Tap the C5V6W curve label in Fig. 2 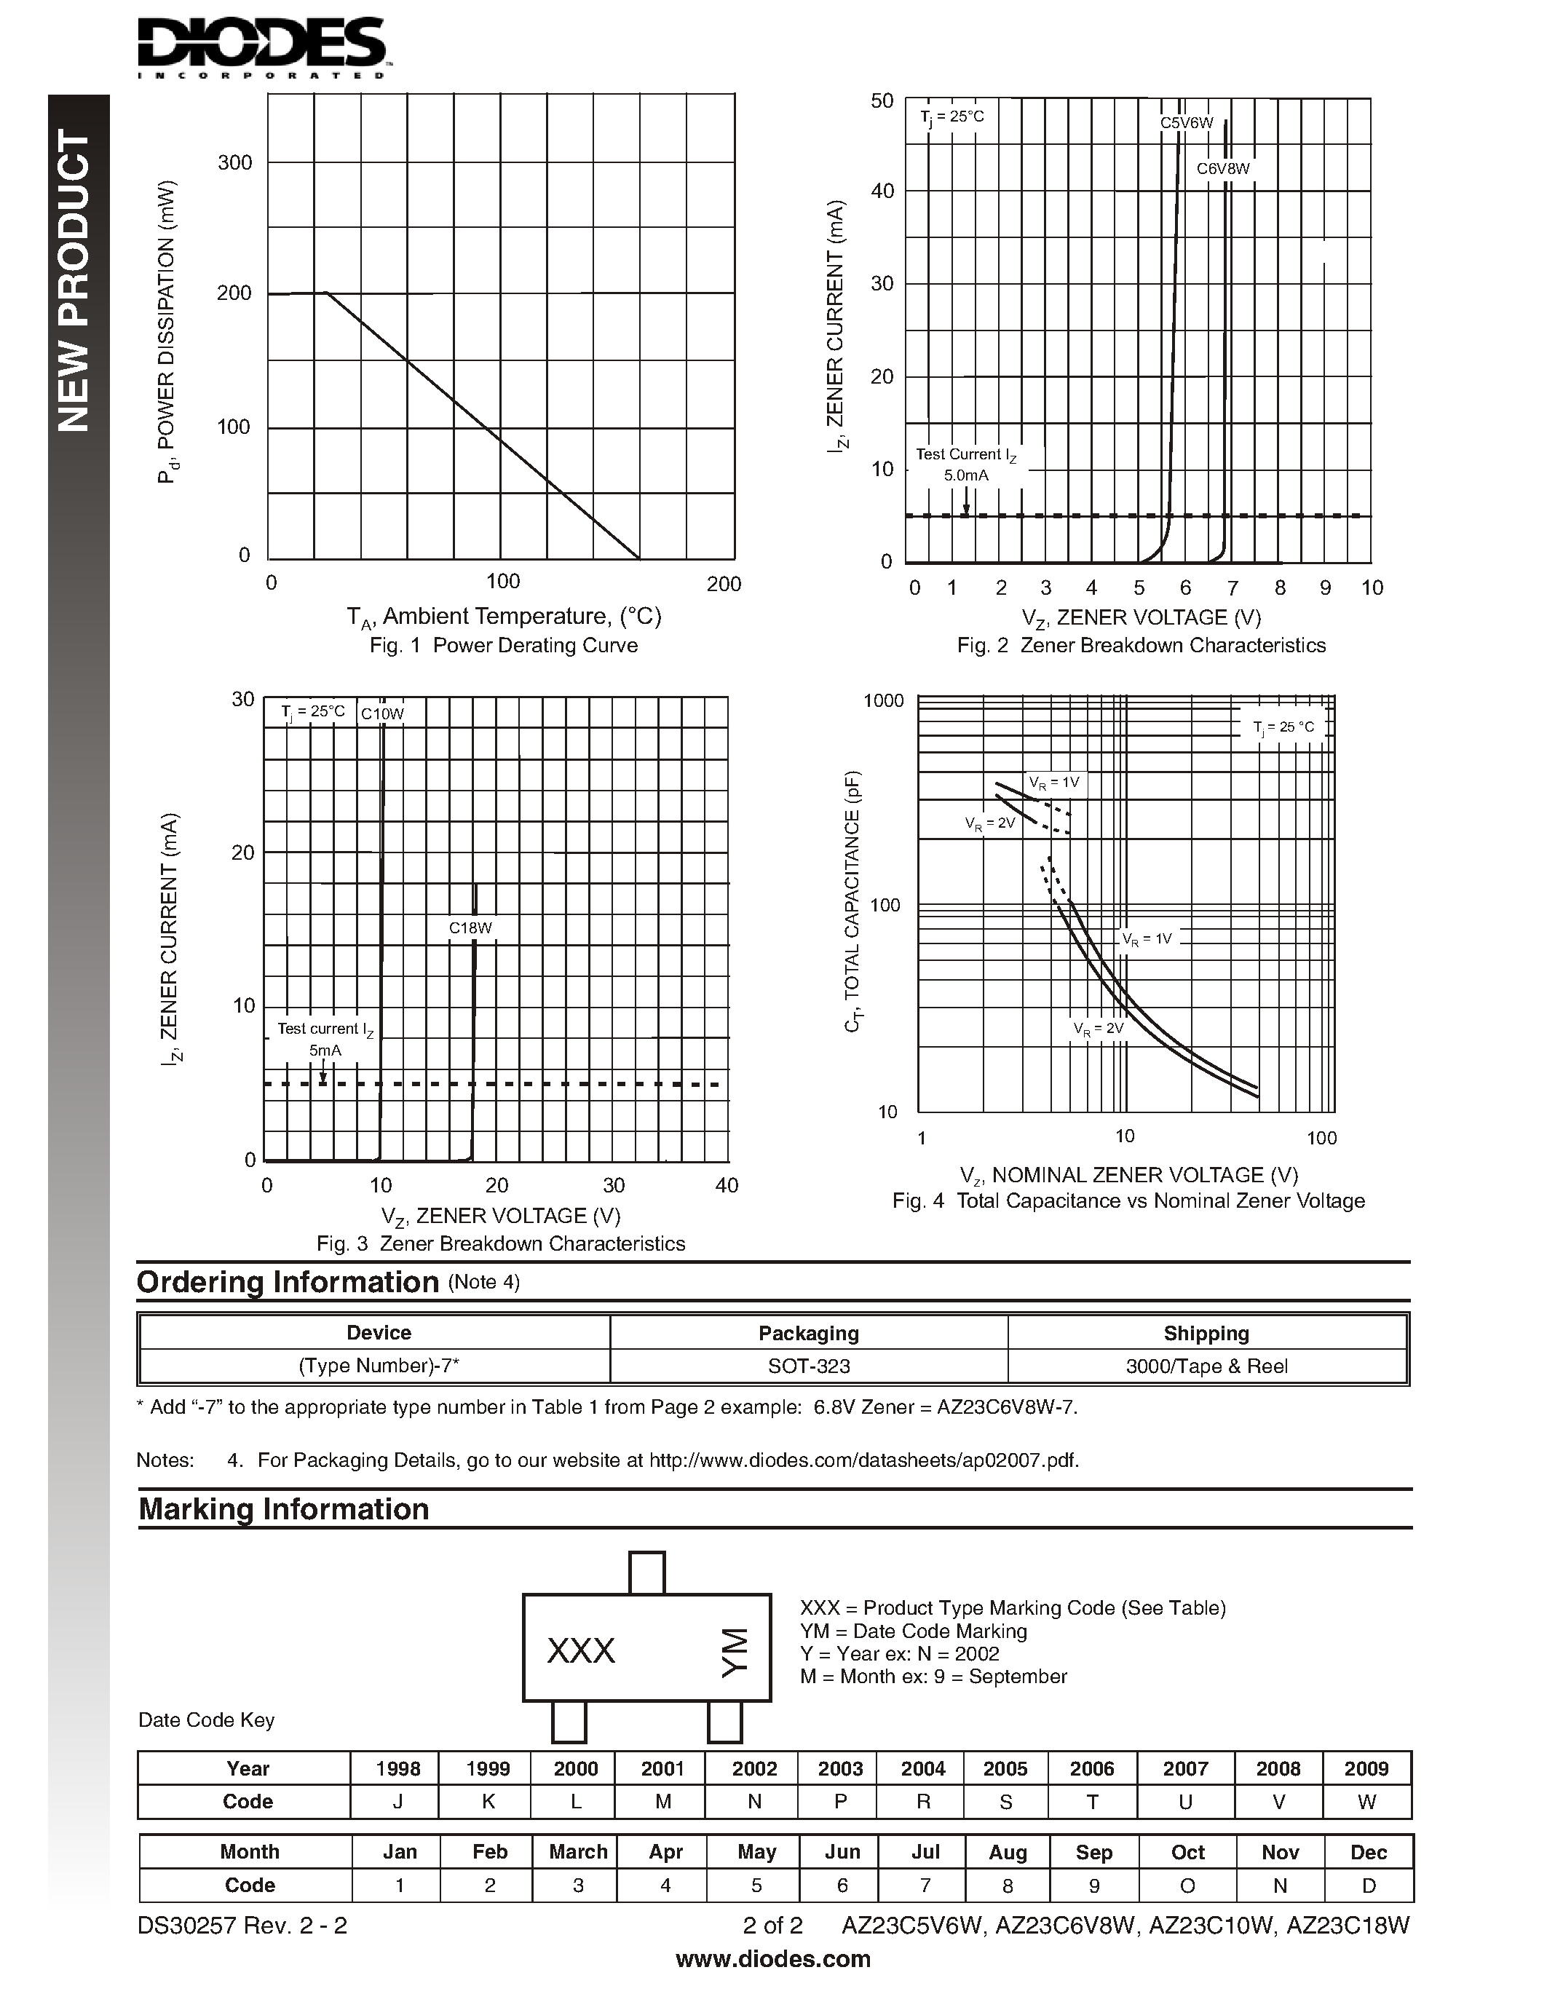click(x=1186, y=123)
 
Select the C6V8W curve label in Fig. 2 click(x=1222, y=169)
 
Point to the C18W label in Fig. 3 click(x=470, y=927)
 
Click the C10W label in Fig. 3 click(x=381, y=714)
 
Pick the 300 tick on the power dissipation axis click(x=234, y=163)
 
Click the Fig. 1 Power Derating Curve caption click(x=503, y=645)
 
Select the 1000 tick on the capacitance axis click(x=884, y=701)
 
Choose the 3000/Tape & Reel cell click(x=1206, y=1366)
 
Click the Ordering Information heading click(x=288, y=1281)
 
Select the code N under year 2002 click(x=754, y=1801)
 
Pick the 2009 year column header click(x=1366, y=1768)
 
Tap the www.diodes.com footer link click(x=772, y=1959)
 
